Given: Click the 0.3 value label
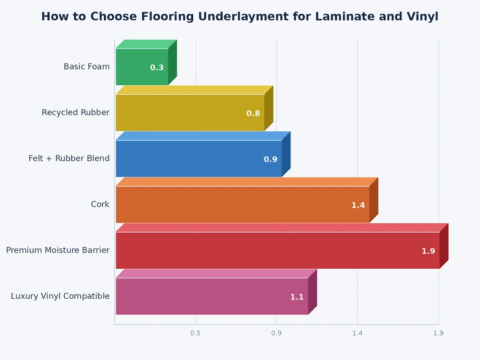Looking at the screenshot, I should (x=157, y=68).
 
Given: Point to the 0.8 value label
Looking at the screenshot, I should (x=253, y=113).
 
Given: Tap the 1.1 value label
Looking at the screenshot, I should (x=297, y=297).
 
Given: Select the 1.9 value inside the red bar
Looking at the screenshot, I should (x=428, y=251).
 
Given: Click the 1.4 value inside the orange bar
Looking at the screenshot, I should (x=358, y=205).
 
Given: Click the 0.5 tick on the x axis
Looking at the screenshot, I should (x=195, y=333).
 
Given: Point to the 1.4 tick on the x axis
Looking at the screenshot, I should (x=358, y=333).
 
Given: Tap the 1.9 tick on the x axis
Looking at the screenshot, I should (x=438, y=333).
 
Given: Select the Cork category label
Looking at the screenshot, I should (x=100, y=205).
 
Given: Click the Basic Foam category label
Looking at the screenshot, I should (x=86, y=67).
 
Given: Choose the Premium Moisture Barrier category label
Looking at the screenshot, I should (x=58, y=250).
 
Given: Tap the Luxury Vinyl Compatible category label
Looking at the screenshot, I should (x=60, y=296).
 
